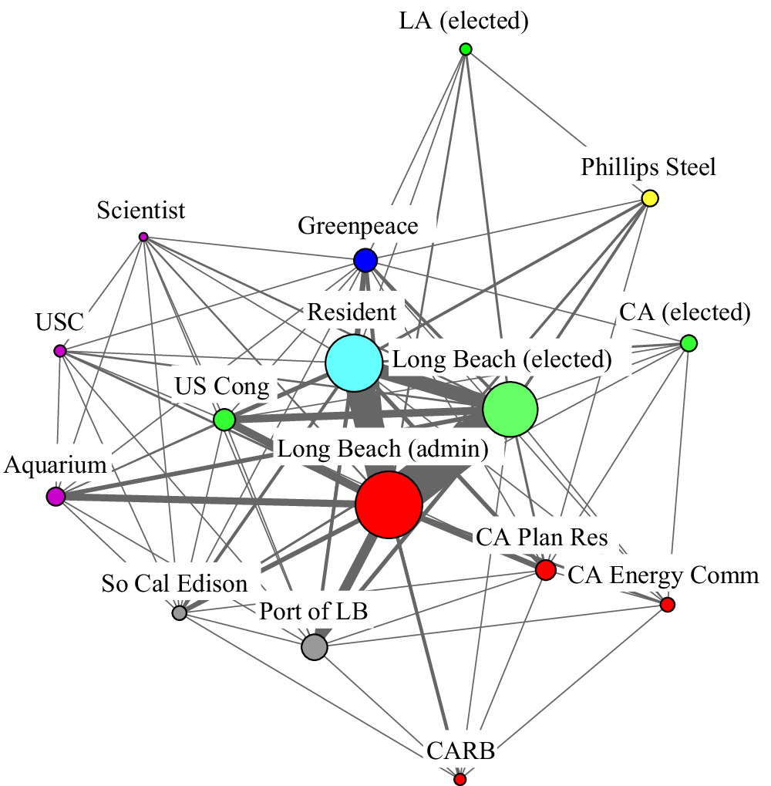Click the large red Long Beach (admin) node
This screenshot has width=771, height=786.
point(389,504)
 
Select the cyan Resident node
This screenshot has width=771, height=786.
point(354,363)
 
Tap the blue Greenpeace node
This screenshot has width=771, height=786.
point(365,261)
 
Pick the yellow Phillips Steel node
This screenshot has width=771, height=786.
point(650,198)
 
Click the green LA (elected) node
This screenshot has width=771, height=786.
point(466,49)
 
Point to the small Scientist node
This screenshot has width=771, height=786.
point(143,237)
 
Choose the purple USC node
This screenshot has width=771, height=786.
point(60,351)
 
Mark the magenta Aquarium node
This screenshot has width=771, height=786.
point(56,497)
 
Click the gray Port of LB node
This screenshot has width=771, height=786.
point(315,646)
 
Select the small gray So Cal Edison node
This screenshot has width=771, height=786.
point(180,613)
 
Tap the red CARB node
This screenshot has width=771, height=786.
point(460,779)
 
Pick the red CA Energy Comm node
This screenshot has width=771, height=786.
point(668,604)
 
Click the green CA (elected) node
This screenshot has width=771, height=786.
point(689,342)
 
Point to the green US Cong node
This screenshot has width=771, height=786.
point(224,420)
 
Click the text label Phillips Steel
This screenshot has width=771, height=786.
point(648,167)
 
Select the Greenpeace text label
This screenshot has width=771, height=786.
point(358,226)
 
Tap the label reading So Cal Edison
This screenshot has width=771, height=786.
point(175,584)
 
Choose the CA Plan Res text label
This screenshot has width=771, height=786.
point(542,537)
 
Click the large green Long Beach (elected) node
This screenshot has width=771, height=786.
point(510,410)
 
